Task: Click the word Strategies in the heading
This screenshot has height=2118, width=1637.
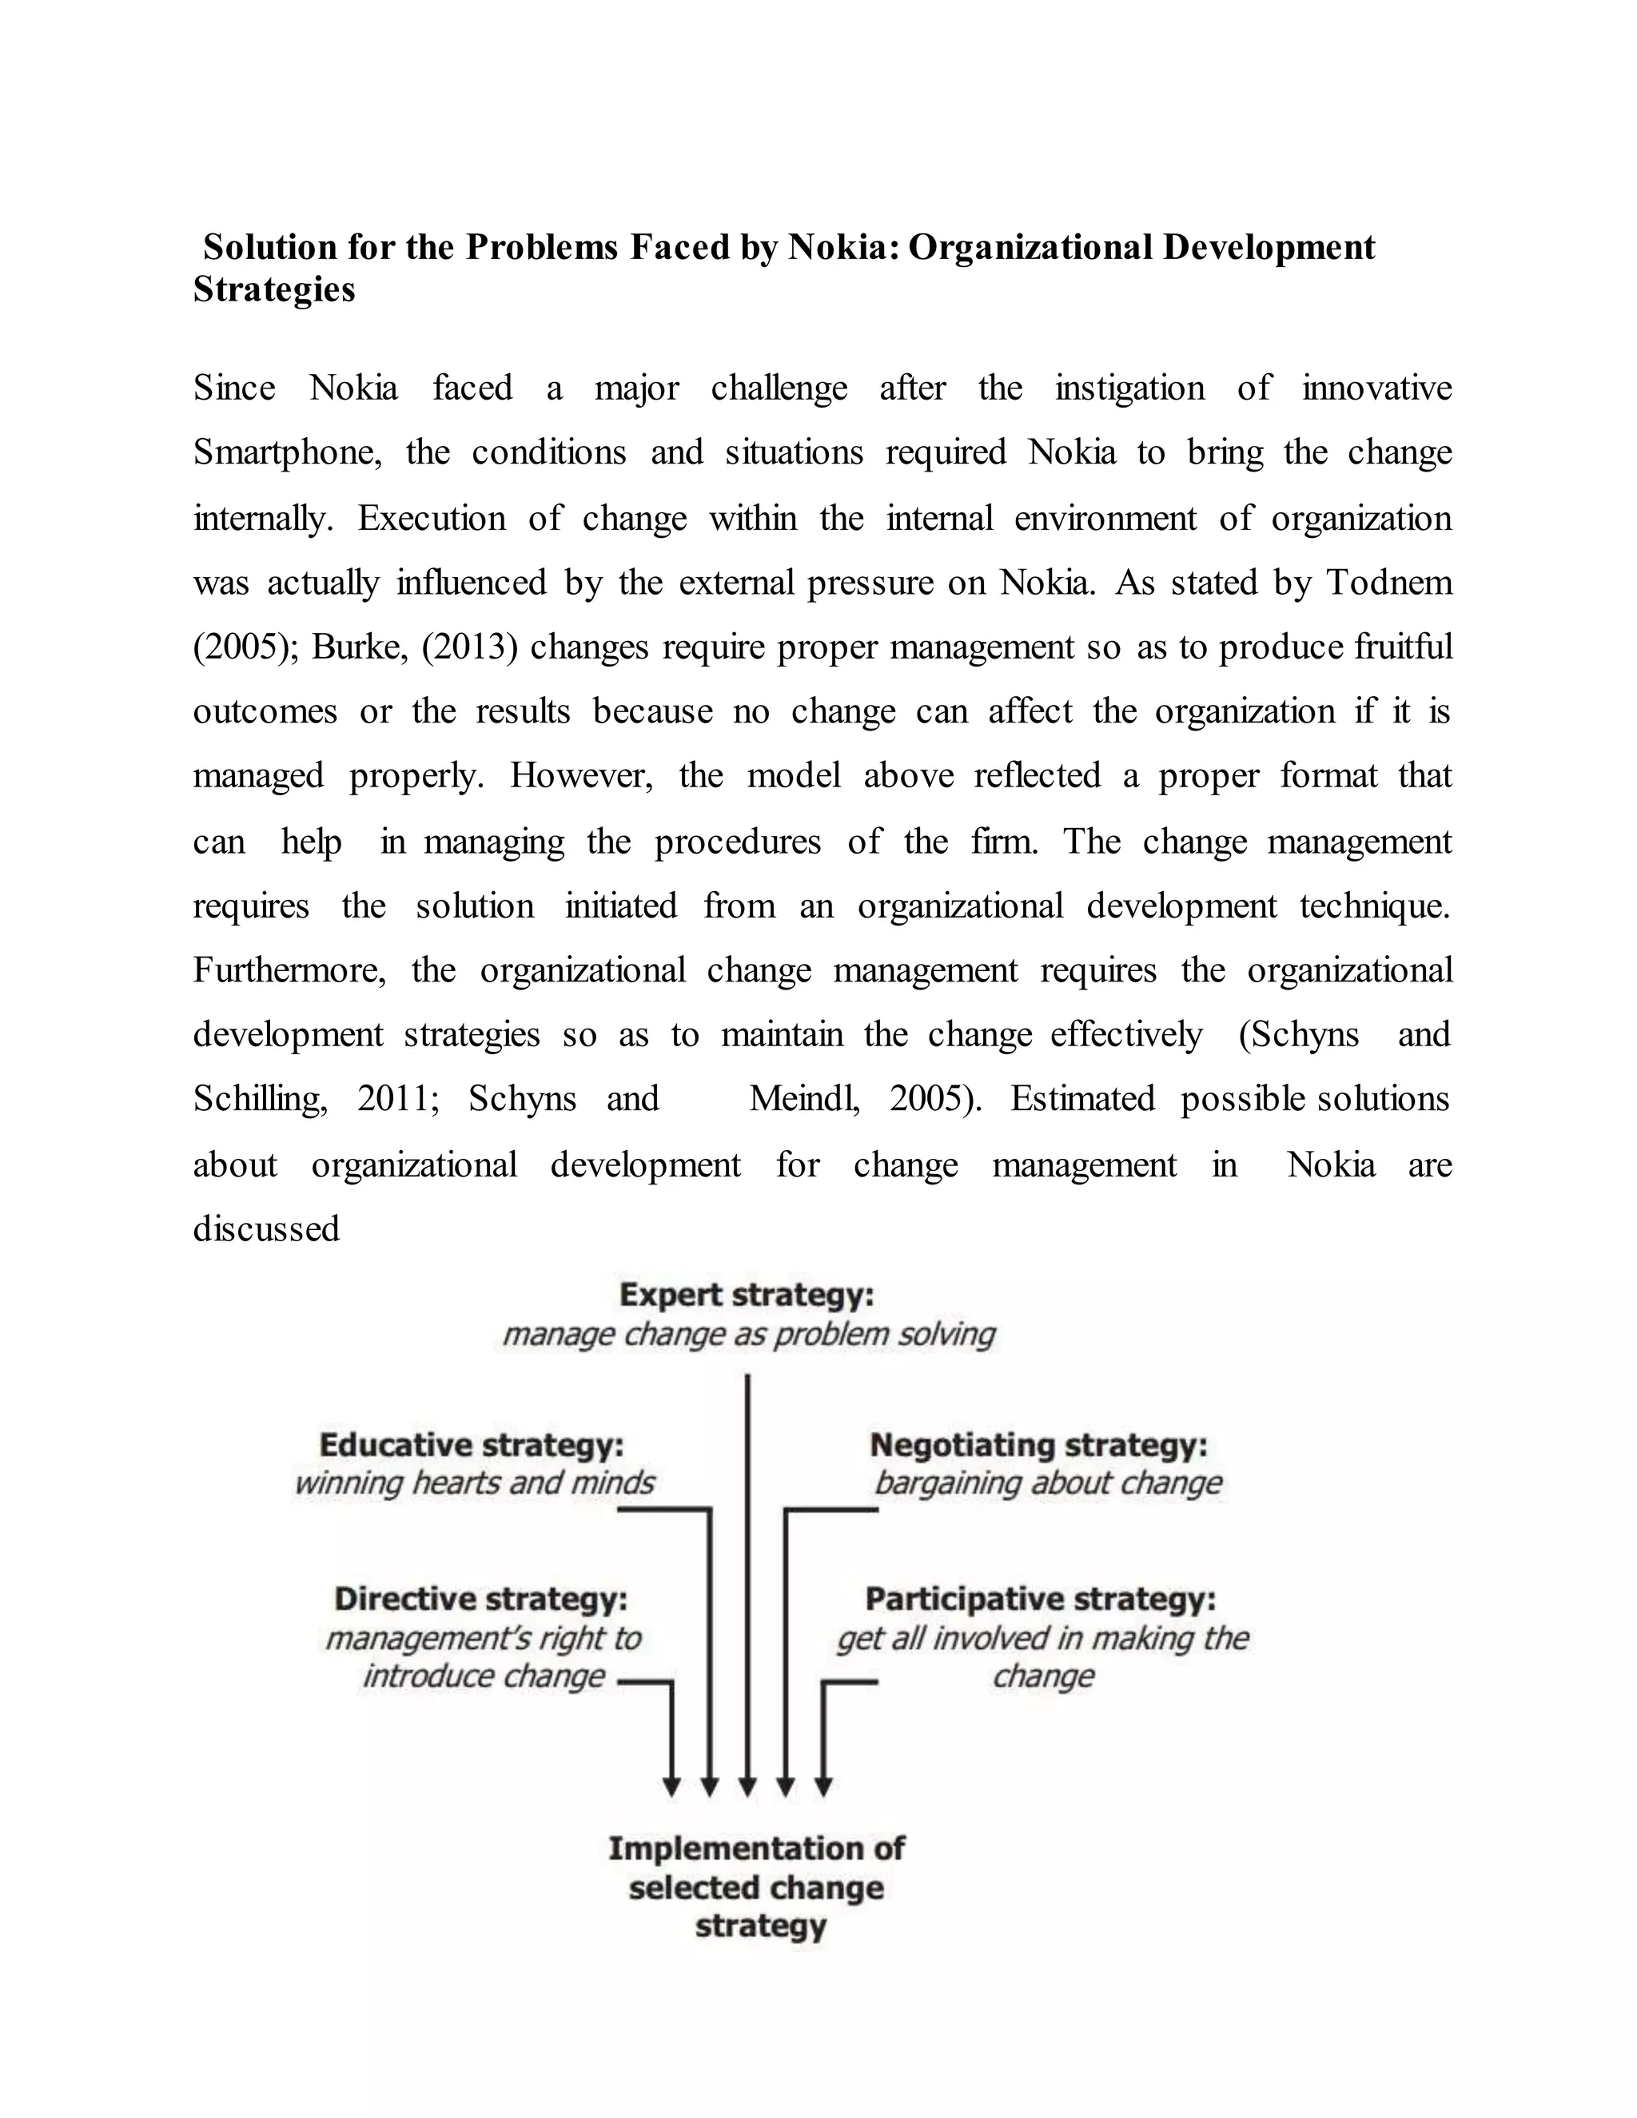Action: (274, 290)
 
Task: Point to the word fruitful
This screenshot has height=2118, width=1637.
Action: (1404, 647)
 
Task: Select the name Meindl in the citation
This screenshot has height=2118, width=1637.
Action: (804, 1100)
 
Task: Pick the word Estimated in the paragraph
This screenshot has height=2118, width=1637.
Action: (1082, 1100)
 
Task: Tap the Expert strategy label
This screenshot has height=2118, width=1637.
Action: (747, 1296)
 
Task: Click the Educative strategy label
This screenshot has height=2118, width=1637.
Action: (472, 1446)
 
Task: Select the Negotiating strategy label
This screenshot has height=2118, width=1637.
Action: (1038, 1446)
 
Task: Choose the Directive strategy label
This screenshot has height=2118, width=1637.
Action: (481, 1599)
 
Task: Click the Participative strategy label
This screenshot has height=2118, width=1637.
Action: (1041, 1599)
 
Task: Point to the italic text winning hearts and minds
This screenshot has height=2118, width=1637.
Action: (474, 1483)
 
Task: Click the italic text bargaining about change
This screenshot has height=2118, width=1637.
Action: (1047, 1483)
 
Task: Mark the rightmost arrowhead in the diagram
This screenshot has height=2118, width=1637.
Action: (823, 1786)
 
